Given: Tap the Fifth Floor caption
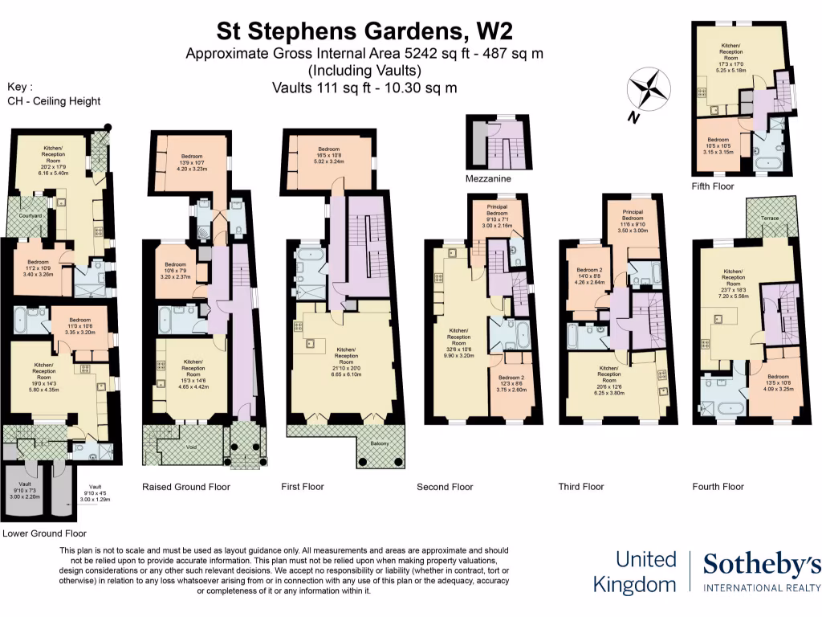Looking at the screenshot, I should point(713,186).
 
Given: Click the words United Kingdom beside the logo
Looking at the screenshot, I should point(634,571).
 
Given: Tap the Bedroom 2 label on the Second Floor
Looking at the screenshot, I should point(511,381).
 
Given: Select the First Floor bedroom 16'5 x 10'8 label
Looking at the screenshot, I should point(330,154).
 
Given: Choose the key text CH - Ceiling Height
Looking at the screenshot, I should point(54,100).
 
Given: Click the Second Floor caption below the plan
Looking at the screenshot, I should point(445,487).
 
